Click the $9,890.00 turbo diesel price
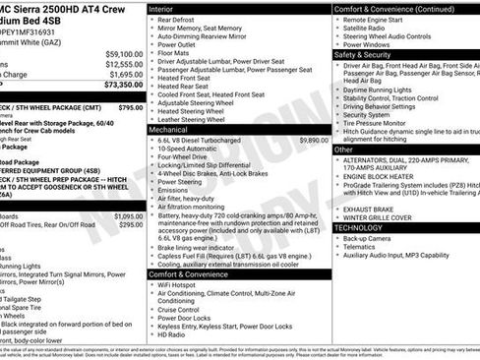pos(309,141)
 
